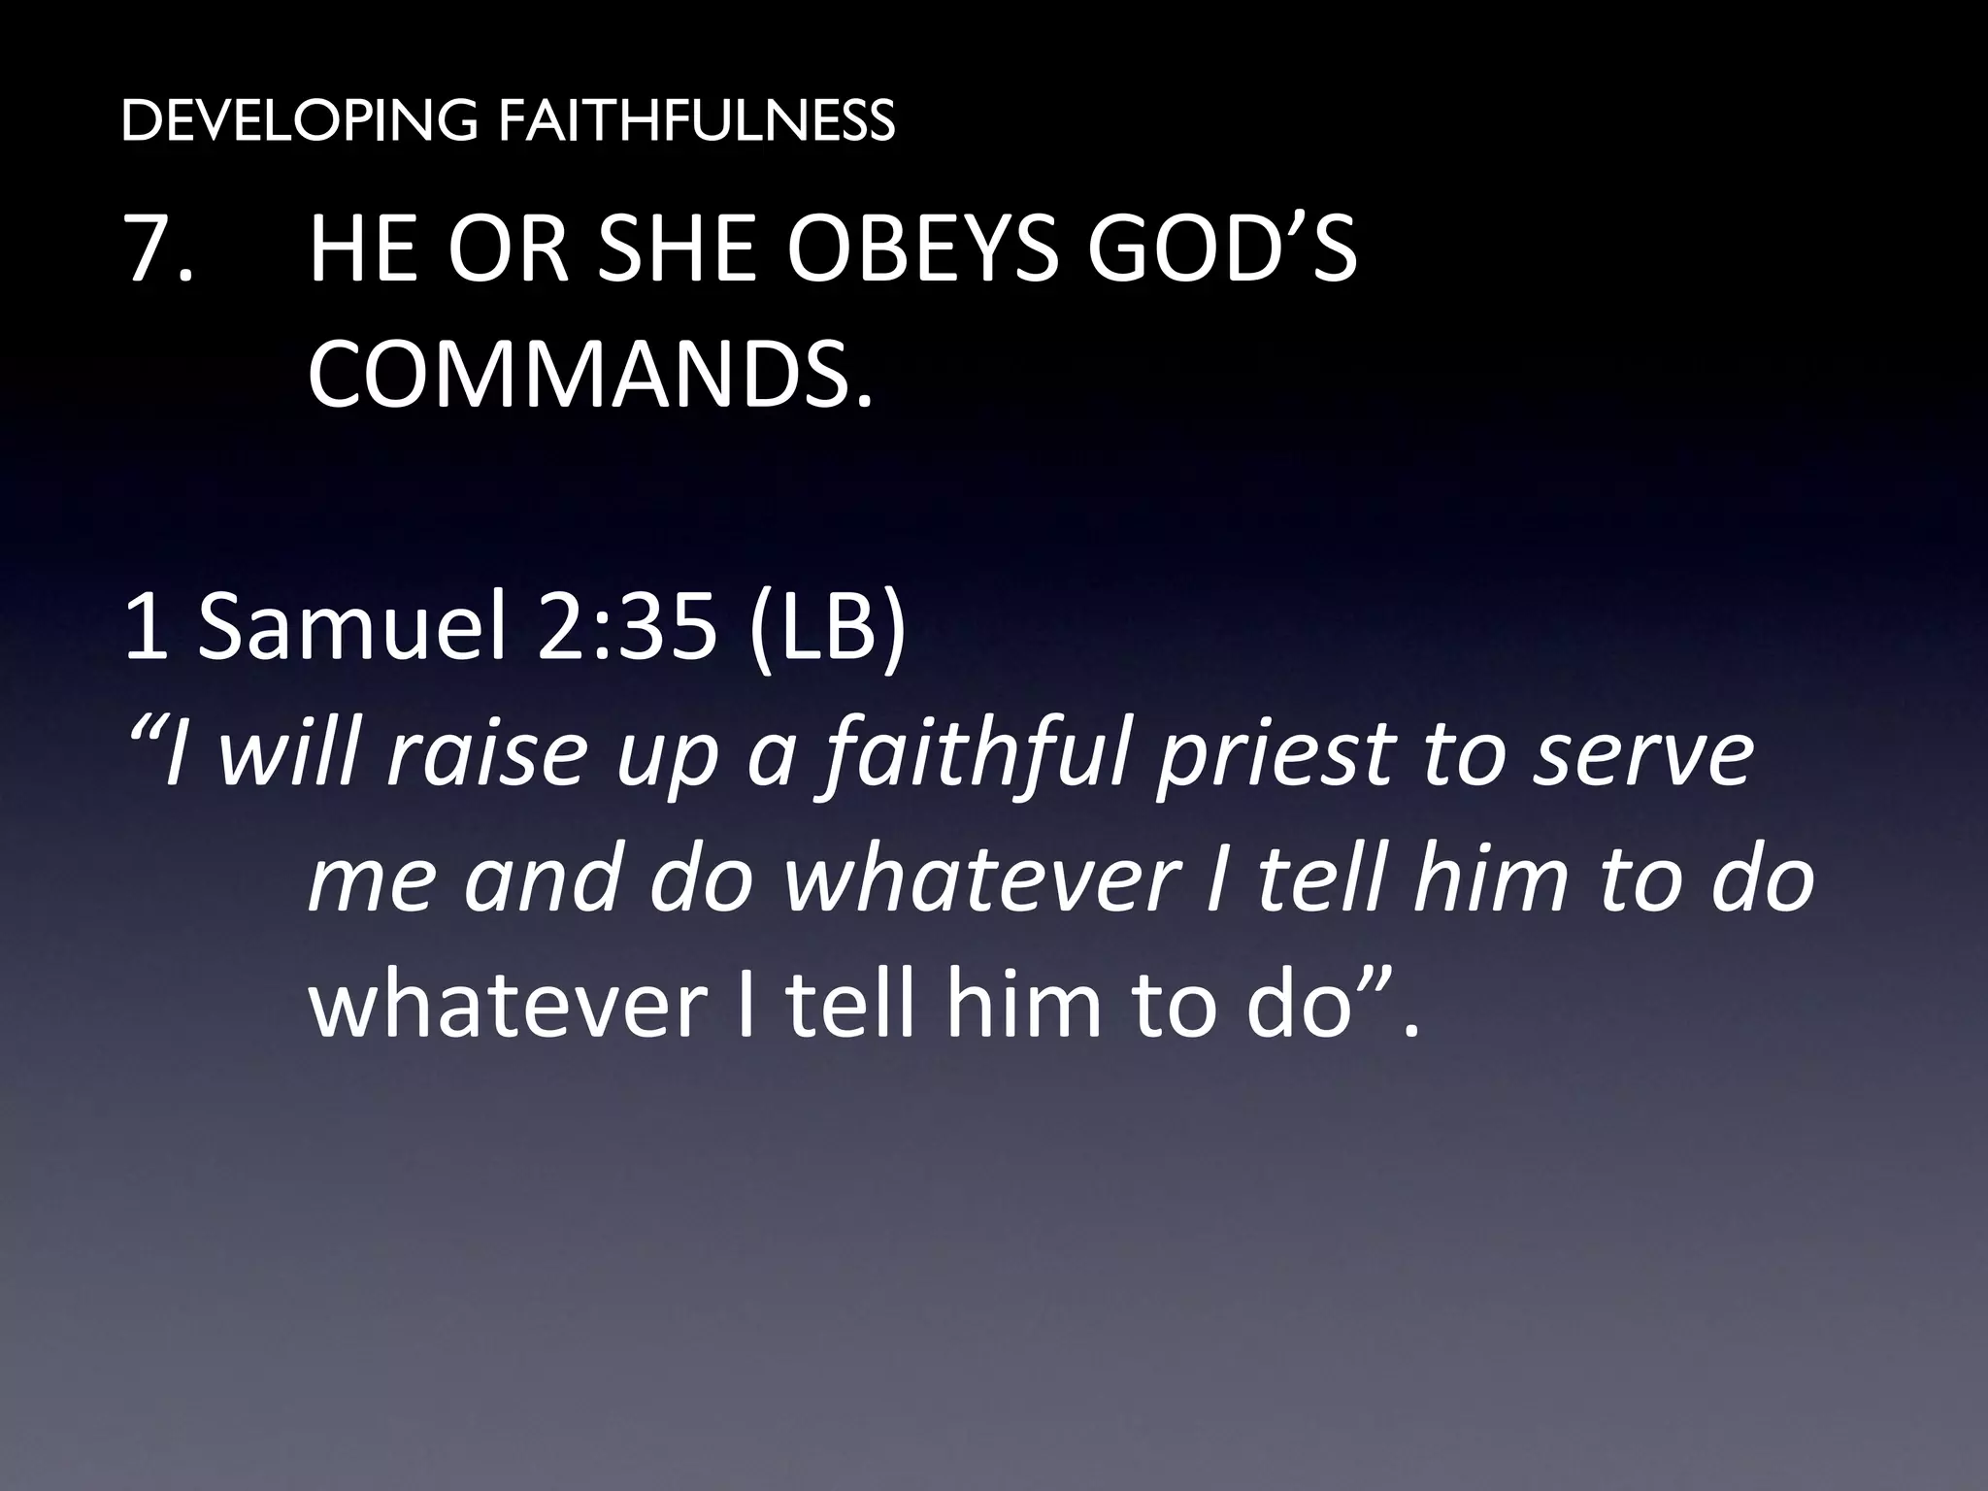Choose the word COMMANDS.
tap(590, 373)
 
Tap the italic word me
tap(369, 878)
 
